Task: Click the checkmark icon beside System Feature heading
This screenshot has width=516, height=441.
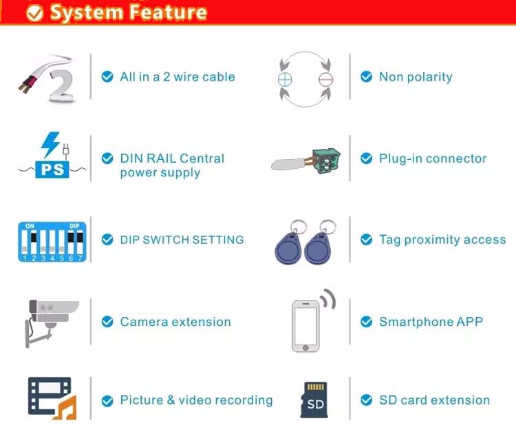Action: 34,13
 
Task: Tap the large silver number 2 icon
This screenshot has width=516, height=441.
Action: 61,85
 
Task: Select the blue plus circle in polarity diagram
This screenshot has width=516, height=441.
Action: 285,79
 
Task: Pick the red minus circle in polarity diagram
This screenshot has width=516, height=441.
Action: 325,79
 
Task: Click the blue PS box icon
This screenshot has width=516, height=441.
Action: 52,170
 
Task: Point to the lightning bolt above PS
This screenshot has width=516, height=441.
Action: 50,145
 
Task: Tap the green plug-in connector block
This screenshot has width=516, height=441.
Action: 326,161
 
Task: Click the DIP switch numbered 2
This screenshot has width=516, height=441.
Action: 34,243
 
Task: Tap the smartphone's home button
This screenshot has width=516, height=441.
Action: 305,348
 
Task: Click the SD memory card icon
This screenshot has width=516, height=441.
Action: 314,400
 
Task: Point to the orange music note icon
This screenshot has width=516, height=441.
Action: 66,408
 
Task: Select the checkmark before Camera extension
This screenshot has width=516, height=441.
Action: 107,321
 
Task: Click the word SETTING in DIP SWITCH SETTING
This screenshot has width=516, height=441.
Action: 218,240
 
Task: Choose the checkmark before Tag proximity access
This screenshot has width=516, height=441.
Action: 366,240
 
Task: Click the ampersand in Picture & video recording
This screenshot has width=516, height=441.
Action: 171,400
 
